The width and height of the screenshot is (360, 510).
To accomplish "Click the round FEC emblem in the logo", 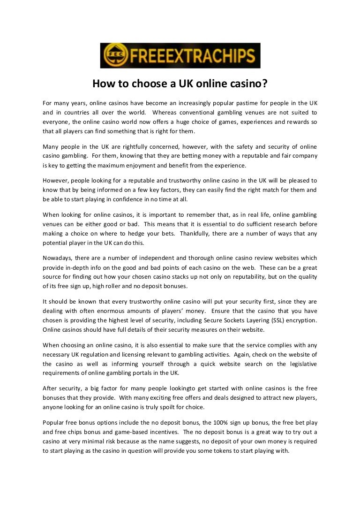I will coord(112,56).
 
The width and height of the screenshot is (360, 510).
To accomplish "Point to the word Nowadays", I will coord(58,258).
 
